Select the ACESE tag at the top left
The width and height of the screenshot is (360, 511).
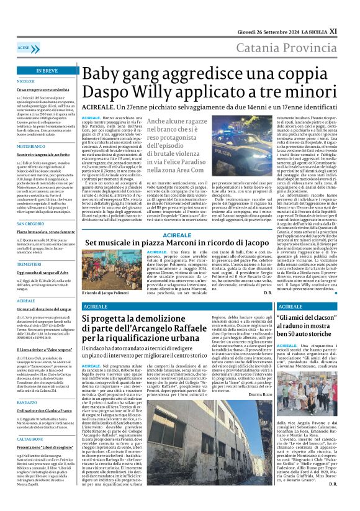tap(24, 48)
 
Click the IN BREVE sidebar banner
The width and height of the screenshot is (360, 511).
tap(47, 71)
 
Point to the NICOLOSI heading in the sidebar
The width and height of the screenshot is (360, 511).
tap(26, 81)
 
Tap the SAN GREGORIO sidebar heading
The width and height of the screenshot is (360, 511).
tap(30, 223)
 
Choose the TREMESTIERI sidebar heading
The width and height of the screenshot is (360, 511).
tap(29, 263)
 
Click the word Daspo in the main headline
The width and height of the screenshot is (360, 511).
tap(104, 91)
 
